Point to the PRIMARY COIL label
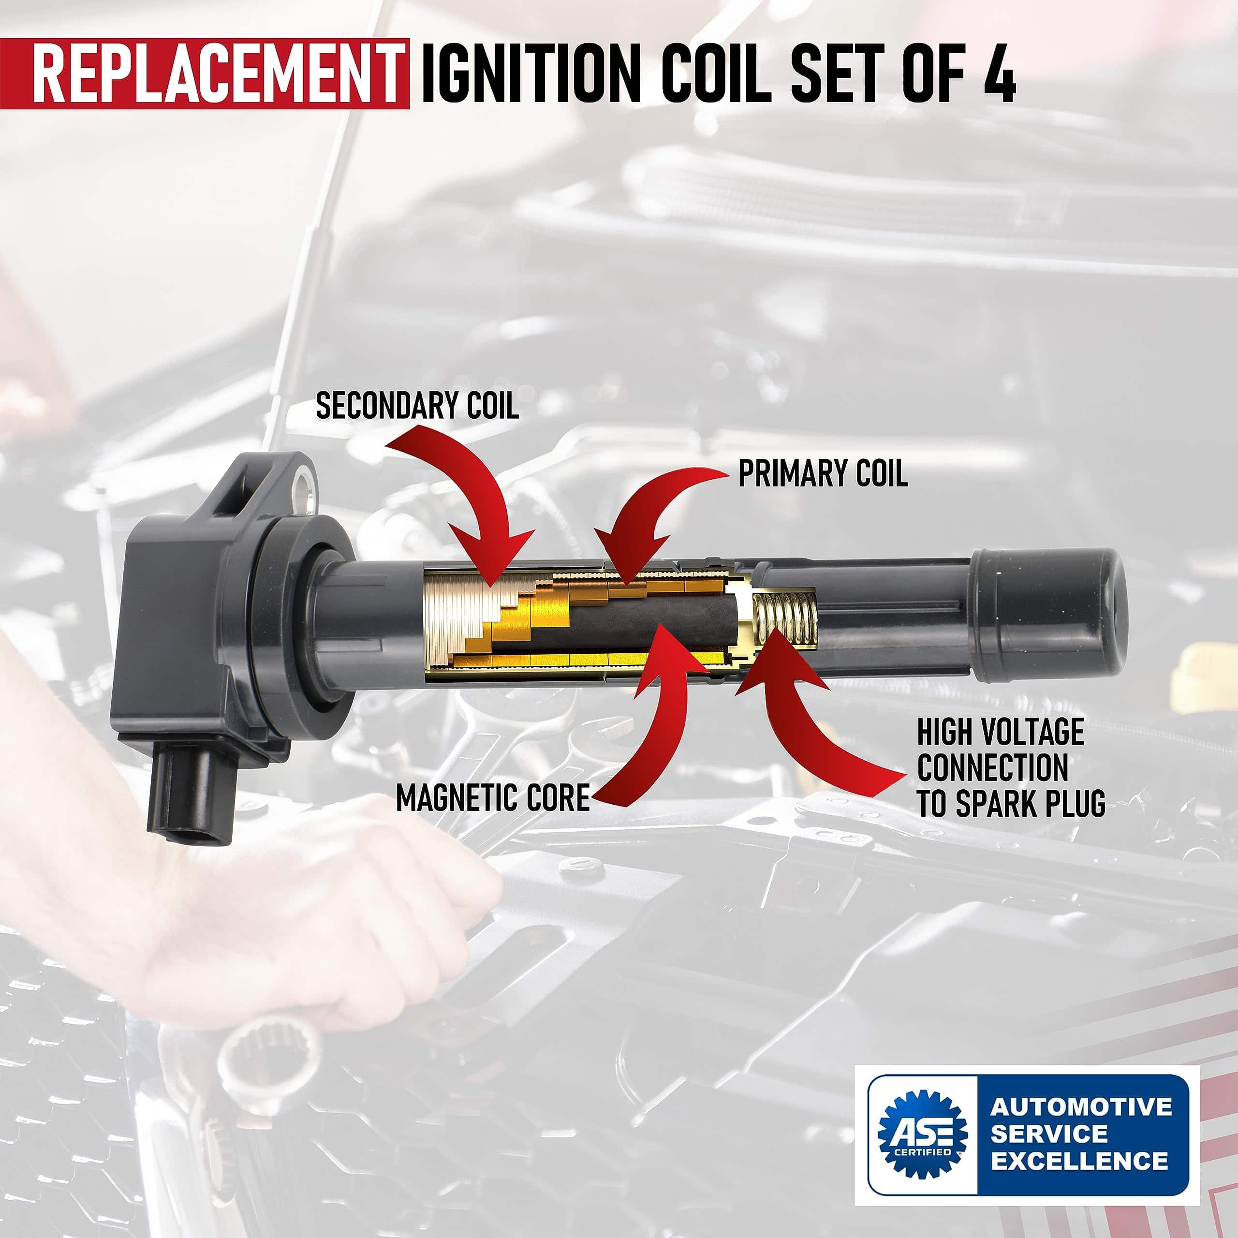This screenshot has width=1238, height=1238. [x=823, y=473]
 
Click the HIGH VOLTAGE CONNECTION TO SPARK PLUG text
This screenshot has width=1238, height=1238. [x=1011, y=767]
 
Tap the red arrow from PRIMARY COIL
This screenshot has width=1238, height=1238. [x=660, y=513]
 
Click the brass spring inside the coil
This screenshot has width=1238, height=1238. [x=785, y=619]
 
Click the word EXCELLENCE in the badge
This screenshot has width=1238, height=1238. [x=1080, y=1161]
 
